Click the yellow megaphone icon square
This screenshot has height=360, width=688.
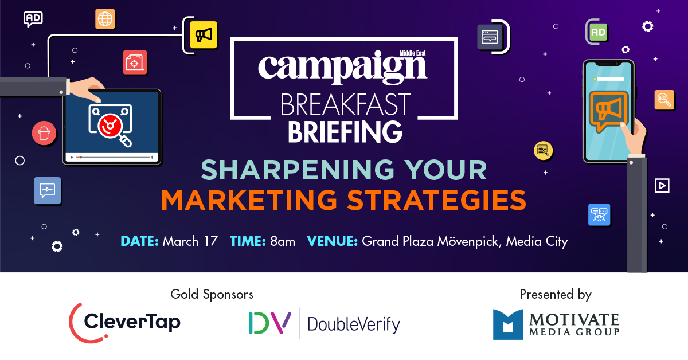(204, 35)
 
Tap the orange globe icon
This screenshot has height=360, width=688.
(105, 19)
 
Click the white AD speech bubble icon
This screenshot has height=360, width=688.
(33, 19)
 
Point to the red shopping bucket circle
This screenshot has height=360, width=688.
(44, 133)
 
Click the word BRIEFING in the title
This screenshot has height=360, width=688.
(345, 132)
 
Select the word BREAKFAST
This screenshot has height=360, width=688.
(345, 104)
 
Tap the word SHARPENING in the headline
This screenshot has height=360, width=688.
(298, 170)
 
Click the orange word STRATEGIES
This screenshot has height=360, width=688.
(436, 200)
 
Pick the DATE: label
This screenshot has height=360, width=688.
(139, 241)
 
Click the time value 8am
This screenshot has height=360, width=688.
(283, 241)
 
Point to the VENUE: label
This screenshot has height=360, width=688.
(333, 241)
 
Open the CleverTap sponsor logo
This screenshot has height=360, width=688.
(125, 323)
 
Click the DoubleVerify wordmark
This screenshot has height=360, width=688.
(354, 324)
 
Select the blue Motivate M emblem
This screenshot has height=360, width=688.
(508, 324)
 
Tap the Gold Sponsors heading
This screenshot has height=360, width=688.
(212, 294)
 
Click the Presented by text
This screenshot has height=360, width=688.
(556, 294)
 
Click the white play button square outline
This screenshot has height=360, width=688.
(662, 186)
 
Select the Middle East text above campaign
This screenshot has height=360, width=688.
(412, 53)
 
